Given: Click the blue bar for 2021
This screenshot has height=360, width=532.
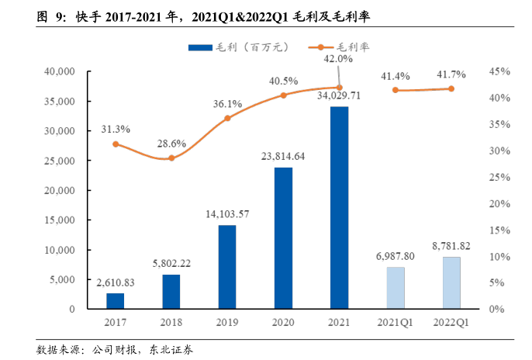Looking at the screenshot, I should [339, 207].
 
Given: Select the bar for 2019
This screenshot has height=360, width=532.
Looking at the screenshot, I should [227, 267].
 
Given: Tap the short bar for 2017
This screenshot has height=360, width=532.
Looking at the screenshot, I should [116, 300].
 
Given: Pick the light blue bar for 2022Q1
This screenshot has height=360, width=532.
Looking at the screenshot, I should [451, 282].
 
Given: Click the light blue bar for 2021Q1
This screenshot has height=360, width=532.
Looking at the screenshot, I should [396, 288].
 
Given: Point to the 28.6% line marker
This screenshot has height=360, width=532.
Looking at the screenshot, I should [171, 157].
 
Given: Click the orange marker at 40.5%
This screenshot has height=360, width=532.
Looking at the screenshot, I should [283, 95].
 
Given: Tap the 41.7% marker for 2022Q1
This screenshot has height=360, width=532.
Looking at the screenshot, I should [451, 88].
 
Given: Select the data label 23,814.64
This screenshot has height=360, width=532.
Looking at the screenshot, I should [283, 156].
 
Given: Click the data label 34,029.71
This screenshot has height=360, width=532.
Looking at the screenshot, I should [339, 95].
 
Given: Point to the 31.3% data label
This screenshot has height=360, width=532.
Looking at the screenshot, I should [116, 129].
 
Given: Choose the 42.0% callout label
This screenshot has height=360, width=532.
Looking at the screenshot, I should [339, 58].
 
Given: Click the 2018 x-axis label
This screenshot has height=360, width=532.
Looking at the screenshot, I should [171, 321].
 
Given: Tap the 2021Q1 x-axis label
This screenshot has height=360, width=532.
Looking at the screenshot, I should [396, 321].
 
